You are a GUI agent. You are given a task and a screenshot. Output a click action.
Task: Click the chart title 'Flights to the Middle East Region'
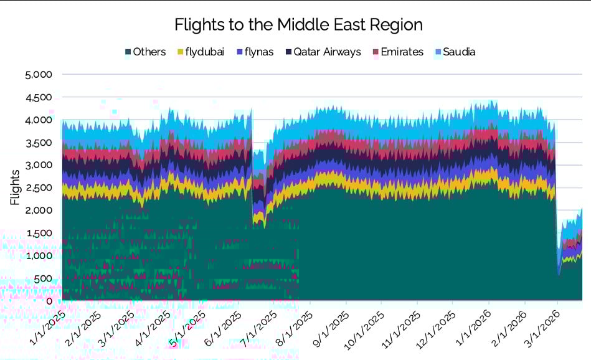point(298,25)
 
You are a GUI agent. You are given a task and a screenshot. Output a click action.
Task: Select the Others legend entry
point(149,52)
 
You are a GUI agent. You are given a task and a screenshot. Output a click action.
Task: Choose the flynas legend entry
point(258,52)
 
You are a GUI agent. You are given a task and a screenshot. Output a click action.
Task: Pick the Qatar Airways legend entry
point(327,52)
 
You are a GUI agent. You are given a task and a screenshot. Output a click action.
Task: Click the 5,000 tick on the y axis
point(40,75)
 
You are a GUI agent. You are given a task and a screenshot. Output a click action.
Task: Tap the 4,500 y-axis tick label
point(40,98)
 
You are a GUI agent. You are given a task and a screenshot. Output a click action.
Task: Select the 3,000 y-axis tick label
point(40,166)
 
